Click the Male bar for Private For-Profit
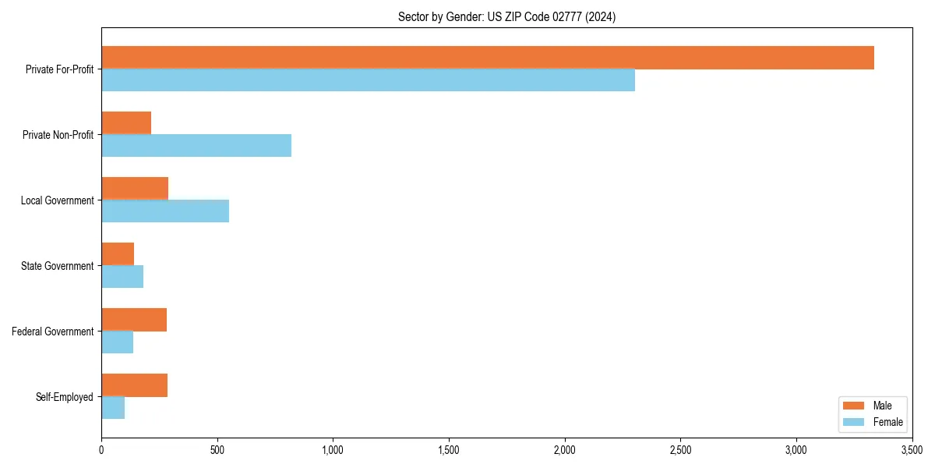pos(488,58)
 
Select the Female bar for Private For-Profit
pos(368,80)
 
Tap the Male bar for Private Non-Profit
pos(126,123)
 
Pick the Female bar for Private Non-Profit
pos(196,146)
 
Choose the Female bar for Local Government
pos(165,211)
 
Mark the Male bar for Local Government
pos(135,189)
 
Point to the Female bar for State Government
pos(122,277)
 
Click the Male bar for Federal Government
pos(134,320)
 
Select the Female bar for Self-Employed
pos(113,408)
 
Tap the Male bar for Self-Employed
pos(134,385)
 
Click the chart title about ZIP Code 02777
pos(506,17)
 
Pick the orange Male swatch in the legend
pos(854,406)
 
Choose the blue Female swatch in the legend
pos(854,422)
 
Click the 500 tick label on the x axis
pos(217,450)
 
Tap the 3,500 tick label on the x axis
pos(912,450)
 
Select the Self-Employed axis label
pos(65,397)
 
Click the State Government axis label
pos(58,266)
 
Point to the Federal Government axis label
pos(53,331)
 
